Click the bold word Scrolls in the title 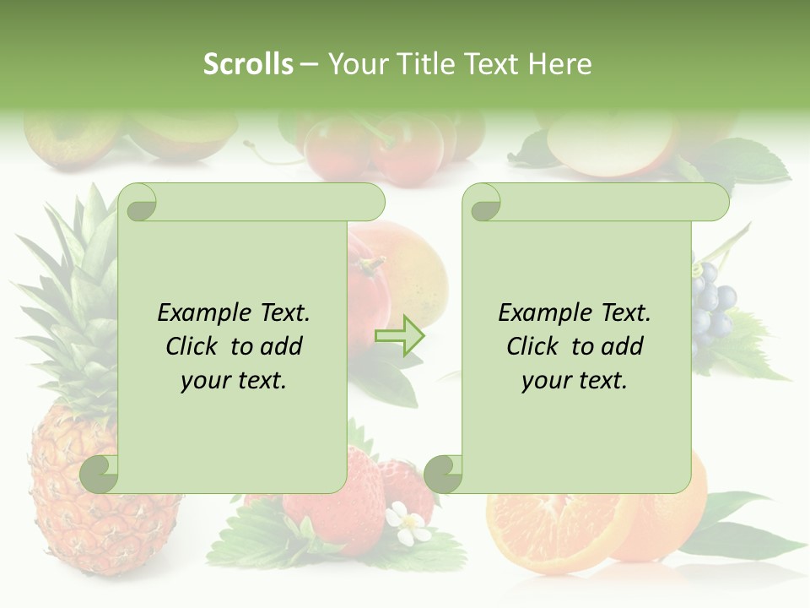click(249, 64)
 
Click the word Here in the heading click(559, 64)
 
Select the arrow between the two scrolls click(399, 335)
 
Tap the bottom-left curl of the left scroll click(100, 474)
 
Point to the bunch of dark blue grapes click(711, 308)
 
